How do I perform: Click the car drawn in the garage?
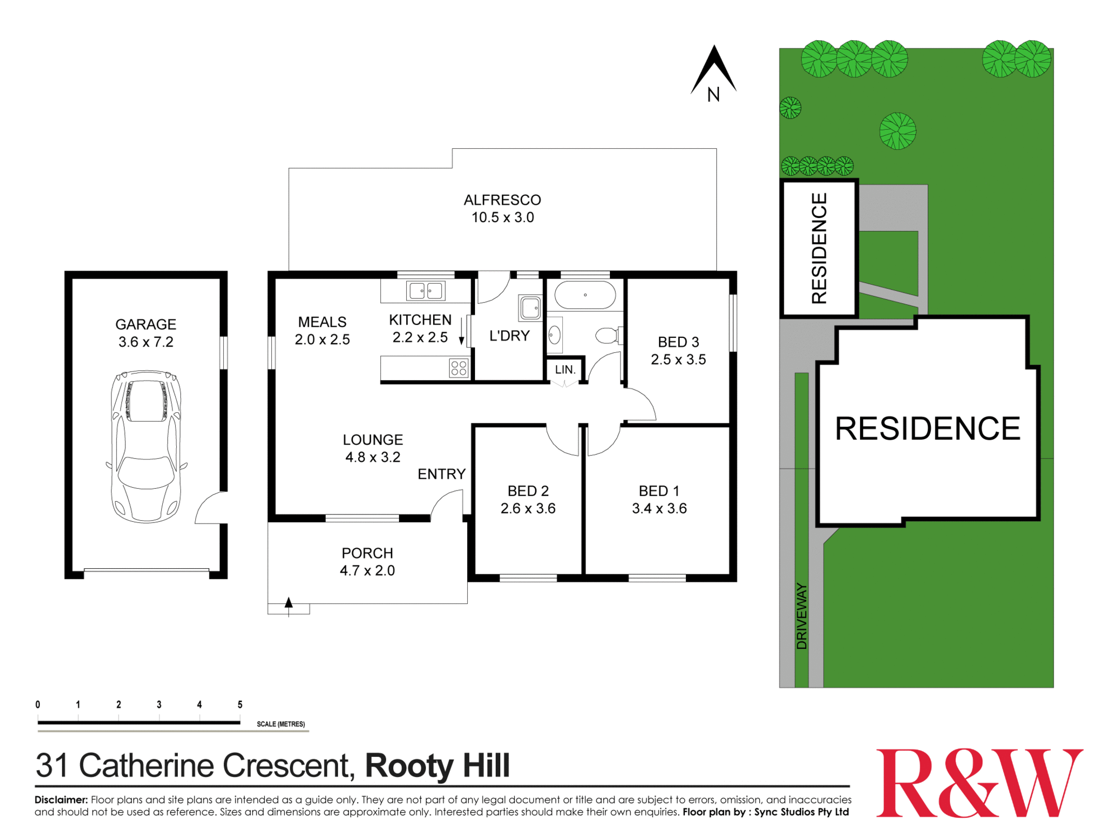coord(146,446)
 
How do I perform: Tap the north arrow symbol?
coord(713,70)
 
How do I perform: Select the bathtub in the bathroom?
coord(585,295)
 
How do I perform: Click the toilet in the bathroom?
coord(606,336)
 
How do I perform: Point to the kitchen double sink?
coord(426,291)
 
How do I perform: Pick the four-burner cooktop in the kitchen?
coord(459,368)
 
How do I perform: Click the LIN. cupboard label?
coord(565,370)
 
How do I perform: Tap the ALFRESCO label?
coord(502,200)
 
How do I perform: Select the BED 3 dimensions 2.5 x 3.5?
coord(678,360)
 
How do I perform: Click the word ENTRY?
coord(441,474)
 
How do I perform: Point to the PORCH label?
coord(368,553)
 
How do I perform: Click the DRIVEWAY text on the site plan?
coord(802,616)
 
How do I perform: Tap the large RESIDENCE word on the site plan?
coord(928,429)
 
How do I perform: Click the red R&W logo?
coord(979,783)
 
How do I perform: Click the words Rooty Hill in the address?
coord(438,766)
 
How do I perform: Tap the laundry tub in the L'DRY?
coord(530,308)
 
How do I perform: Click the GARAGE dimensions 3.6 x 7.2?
coord(146,342)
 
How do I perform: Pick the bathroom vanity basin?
coord(554,336)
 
